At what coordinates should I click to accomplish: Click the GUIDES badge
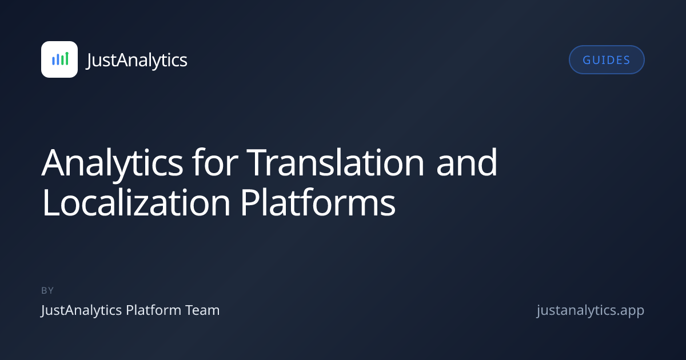[x=607, y=59]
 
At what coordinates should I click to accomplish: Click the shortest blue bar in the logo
[x=53, y=61]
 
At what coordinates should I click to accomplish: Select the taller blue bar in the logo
[x=58, y=59]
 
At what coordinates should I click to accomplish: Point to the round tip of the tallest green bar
[x=67, y=54]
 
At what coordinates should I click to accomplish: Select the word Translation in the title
[x=335, y=162]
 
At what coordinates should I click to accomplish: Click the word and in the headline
[x=466, y=162]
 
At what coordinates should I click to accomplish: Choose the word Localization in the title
[x=137, y=202]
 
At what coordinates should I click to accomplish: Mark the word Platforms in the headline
[x=318, y=202]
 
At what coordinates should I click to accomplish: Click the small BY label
[x=47, y=290]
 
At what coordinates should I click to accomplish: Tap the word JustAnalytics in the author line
[x=81, y=311]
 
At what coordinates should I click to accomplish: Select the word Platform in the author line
[x=154, y=310]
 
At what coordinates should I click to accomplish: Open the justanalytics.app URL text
[x=591, y=311]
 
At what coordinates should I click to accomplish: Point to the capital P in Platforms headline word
[x=250, y=203]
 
